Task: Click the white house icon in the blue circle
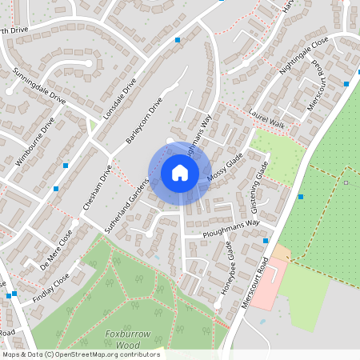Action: click(x=179, y=172)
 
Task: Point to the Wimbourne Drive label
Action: click(x=35, y=142)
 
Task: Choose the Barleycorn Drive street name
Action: click(x=144, y=121)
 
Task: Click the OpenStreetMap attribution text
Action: click(x=80, y=354)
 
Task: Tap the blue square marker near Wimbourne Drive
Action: click(x=66, y=165)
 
